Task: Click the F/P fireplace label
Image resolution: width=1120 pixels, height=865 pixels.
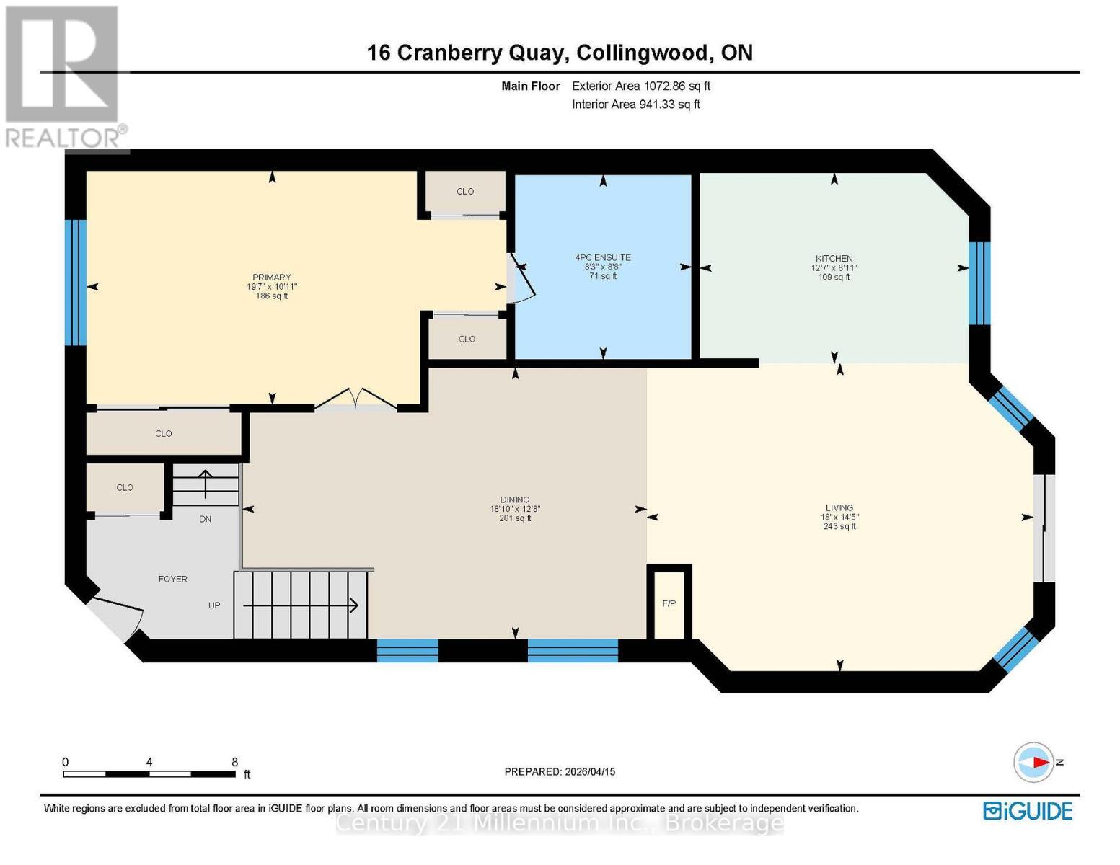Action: [x=669, y=603]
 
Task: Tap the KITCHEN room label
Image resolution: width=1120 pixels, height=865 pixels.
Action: [x=834, y=258]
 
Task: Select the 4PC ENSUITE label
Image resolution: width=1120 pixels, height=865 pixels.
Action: [x=603, y=257]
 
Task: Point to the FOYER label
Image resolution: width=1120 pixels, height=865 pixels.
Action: [x=172, y=579]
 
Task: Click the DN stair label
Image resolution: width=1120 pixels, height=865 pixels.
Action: [x=205, y=519]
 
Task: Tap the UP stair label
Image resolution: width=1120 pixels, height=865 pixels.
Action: [x=214, y=605]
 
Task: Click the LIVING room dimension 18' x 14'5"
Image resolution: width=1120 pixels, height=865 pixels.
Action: [x=839, y=517]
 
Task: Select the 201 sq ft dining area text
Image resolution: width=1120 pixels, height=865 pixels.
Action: [x=515, y=518]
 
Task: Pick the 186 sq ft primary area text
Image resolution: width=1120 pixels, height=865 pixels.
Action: [x=272, y=296]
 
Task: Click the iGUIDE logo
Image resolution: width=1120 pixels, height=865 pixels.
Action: [x=1027, y=811]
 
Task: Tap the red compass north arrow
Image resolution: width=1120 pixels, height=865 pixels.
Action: [x=1041, y=762]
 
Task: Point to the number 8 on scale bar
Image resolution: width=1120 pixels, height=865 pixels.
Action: [x=234, y=761]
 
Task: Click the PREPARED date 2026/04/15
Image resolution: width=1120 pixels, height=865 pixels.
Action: [x=590, y=771]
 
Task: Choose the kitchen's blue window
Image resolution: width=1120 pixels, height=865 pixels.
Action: [x=979, y=283]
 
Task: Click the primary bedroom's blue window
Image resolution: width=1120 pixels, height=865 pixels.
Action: [x=75, y=283]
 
